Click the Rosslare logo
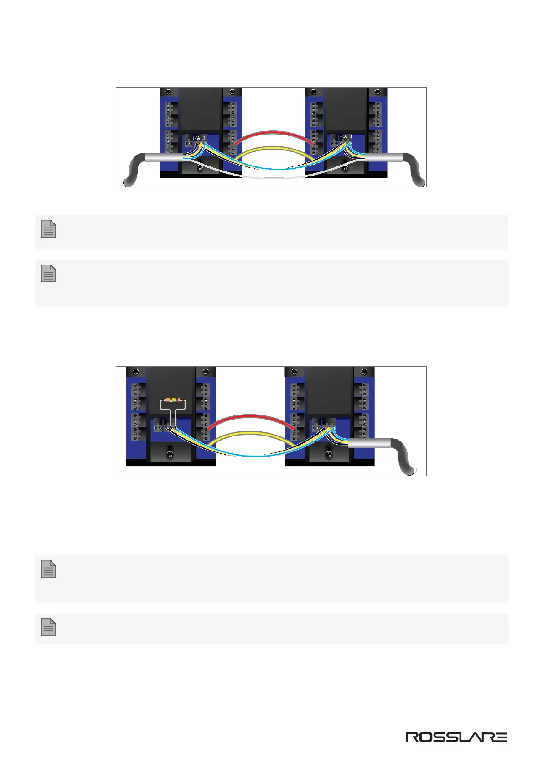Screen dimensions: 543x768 456,737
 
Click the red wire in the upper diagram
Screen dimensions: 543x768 274,133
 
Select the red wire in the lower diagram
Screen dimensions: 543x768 251,416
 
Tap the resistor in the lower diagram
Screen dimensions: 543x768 173,400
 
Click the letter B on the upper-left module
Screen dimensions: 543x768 204,137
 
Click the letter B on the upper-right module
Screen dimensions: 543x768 350,137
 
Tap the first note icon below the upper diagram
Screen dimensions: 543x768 49,229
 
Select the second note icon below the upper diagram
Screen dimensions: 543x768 49,273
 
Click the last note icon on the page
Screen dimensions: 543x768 49,628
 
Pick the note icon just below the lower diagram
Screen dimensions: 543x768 49,569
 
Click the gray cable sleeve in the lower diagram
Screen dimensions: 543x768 369,444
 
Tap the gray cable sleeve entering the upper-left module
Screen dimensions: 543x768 164,157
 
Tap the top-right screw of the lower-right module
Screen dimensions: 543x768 364,373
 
